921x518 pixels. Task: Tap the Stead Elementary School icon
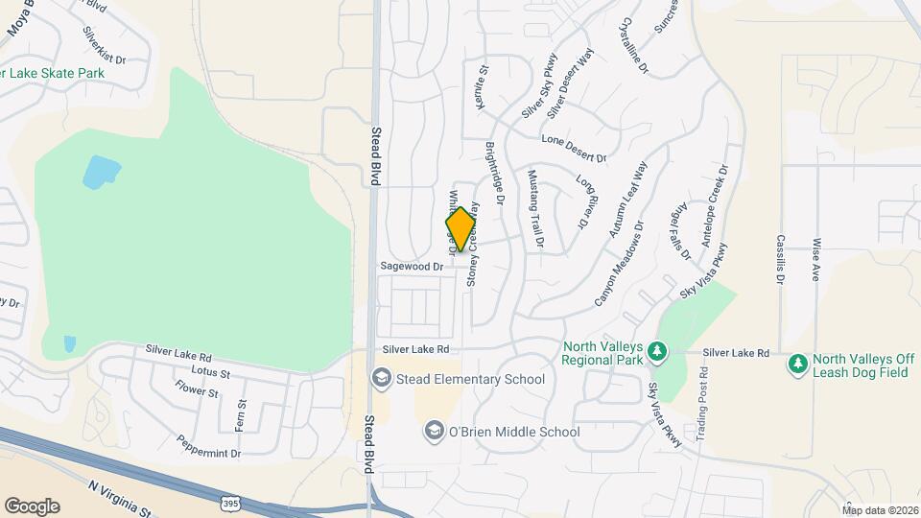click(x=382, y=379)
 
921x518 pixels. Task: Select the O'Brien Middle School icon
click(x=434, y=432)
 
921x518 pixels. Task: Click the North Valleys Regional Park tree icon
click(x=657, y=352)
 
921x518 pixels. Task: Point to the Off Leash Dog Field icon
click(x=797, y=364)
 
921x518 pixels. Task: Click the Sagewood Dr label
click(x=412, y=266)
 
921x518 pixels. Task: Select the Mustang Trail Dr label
click(x=535, y=209)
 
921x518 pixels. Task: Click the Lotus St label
click(x=212, y=371)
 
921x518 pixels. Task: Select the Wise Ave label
click(x=816, y=259)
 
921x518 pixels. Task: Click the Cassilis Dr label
click(x=781, y=260)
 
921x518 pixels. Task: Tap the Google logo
click(x=32, y=506)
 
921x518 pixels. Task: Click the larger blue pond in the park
click(x=102, y=172)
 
